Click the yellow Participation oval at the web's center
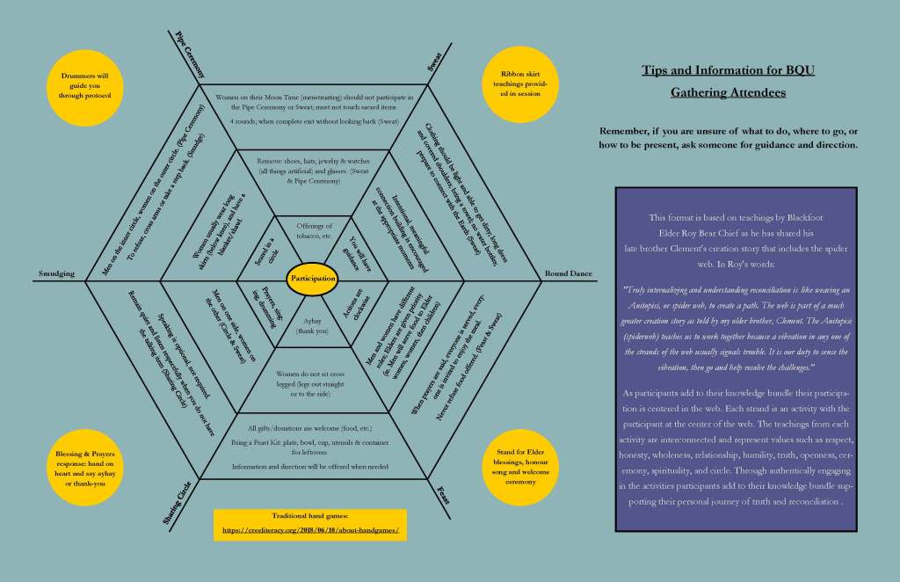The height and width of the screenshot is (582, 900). point(313,278)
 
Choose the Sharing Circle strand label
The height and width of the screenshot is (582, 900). point(178,504)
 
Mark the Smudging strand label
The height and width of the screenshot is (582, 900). point(56,273)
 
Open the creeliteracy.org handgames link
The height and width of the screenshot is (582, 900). point(310,530)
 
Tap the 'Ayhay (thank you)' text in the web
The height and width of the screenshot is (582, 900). point(313,325)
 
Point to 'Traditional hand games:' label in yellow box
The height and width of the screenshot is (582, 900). point(310,518)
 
